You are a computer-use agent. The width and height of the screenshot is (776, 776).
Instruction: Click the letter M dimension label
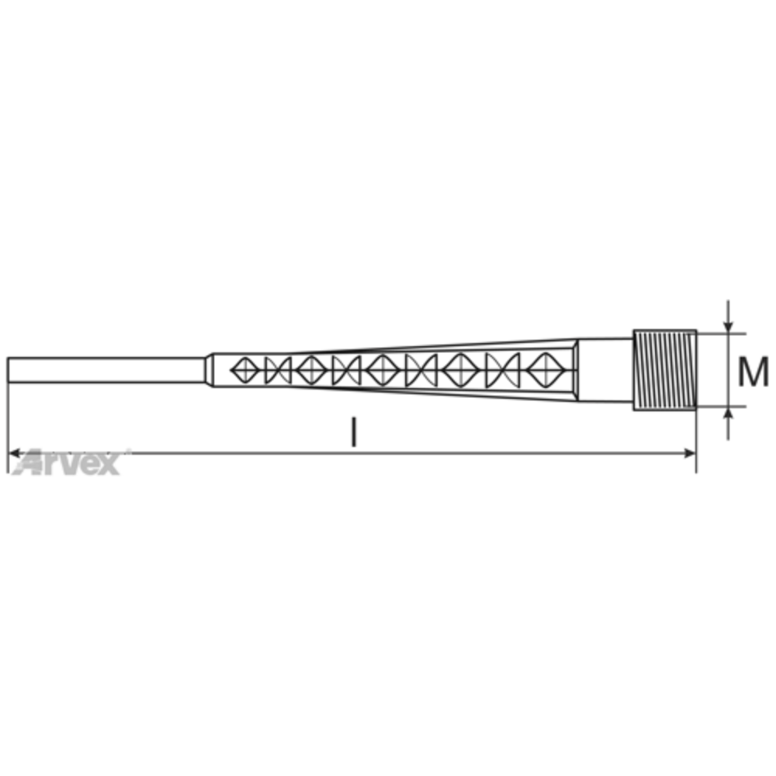[x=753, y=371]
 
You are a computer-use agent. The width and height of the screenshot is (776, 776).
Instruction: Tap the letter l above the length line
[x=353, y=431]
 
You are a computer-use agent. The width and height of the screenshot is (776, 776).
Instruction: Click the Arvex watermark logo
[x=68, y=462]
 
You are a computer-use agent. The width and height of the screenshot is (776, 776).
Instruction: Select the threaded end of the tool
[x=665, y=370]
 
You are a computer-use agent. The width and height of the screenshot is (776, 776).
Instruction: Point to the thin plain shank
[x=106, y=370]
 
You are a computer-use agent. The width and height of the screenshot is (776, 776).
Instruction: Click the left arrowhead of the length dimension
[x=15, y=453]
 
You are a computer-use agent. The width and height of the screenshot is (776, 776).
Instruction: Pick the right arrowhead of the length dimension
[x=689, y=453]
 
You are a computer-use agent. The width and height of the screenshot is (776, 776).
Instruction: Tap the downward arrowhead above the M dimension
[x=728, y=326]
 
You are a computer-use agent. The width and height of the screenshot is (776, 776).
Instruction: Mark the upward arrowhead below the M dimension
[x=728, y=414]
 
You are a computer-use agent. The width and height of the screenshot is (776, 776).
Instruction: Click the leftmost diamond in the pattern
[x=245, y=370]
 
